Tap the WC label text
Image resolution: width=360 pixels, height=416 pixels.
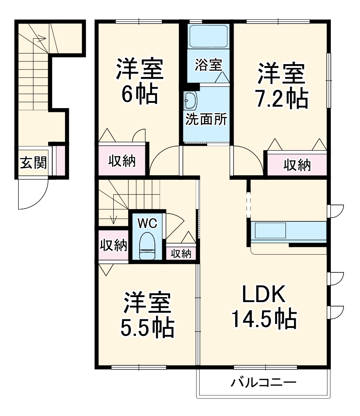click(x=147, y=223)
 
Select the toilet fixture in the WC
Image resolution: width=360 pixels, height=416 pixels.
click(x=147, y=246)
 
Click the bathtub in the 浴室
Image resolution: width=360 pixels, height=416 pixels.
click(x=208, y=37)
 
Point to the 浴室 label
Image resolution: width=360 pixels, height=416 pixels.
click(x=208, y=65)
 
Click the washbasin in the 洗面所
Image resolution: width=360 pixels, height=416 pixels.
click(x=191, y=100)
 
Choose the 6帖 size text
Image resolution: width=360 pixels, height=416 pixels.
click(x=139, y=95)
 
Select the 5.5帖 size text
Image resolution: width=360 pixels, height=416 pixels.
click(x=147, y=327)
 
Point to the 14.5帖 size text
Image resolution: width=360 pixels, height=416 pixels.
click(x=264, y=319)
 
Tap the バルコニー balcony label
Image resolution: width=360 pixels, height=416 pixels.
click(x=263, y=383)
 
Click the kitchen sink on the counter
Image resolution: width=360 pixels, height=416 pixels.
click(x=270, y=230)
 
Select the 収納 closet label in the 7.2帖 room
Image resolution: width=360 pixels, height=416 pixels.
click(x=297, y=165)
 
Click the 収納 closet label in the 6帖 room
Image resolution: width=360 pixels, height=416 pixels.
click(x=122, y=161)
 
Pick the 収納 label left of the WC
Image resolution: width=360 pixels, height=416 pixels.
click(x=113, y=245)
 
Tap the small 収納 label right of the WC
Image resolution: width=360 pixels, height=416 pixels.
click(x=181, y=253)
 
